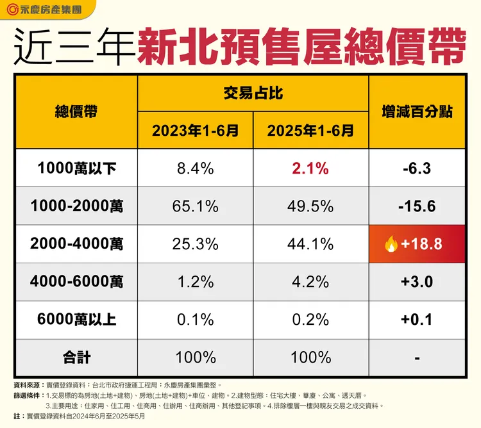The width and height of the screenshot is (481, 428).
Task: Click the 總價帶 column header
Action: (76, 111)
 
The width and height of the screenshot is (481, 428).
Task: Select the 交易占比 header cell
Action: (253, 94)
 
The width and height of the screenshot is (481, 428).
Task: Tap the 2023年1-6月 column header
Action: (196, 131)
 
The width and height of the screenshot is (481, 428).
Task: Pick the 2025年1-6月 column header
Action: (311, 131)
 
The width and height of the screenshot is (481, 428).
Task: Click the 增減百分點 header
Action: (417, 111)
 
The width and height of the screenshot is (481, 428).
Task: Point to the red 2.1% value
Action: (311, 169)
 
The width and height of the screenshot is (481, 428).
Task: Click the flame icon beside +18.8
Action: (389, 243)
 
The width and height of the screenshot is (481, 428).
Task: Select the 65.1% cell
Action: (196, 206)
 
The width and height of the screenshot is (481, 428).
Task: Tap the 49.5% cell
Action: (311, 206)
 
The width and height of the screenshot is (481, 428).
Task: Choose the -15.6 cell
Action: (417, 206)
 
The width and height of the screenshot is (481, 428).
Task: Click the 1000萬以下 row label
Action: (76, 169)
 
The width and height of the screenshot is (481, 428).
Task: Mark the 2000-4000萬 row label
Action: (76, 244)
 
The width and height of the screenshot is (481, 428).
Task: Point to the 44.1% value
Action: (311, 244)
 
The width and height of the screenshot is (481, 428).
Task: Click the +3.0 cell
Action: (417, 282)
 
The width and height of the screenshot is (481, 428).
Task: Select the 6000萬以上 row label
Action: (76, 320)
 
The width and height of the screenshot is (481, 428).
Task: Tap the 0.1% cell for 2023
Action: (196, 320)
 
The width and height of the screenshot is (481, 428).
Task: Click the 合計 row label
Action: (76, 357)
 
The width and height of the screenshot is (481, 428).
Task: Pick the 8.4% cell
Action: (196, 169)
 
